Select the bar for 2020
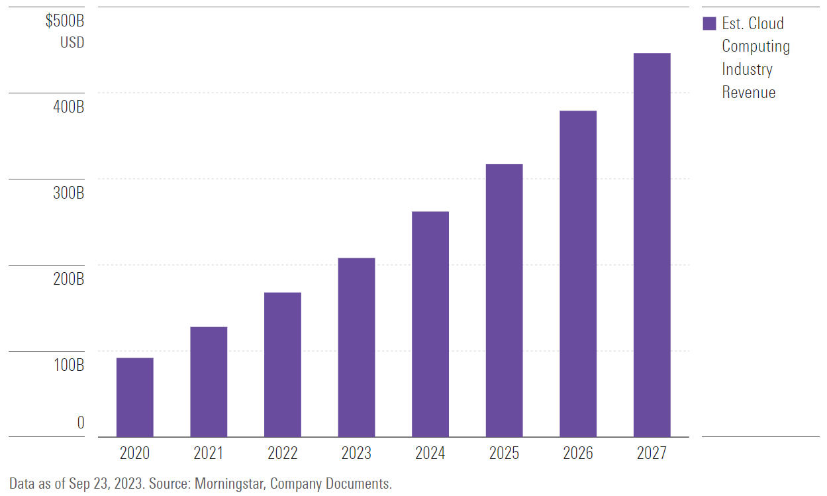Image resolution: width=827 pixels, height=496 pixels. point(134,397)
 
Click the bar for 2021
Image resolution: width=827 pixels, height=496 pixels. point(209,381)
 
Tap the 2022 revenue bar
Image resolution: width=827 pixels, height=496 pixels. point(283,364)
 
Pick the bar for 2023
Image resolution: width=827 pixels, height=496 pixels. point(356,347)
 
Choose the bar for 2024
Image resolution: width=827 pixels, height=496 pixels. point(430,324)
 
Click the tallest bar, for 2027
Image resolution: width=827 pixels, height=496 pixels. point(652,244)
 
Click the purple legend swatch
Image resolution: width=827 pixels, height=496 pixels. point(709,24)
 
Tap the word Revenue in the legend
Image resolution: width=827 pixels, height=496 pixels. point(748,92)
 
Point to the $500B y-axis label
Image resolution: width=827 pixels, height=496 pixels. point(65,21)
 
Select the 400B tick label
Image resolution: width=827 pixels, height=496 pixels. point(69,107)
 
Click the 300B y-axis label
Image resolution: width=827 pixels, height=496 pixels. point(69,193)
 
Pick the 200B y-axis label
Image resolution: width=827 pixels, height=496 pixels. point(69,279)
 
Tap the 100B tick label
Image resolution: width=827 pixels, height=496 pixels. point(69,366)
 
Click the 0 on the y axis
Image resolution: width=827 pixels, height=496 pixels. point(81,422)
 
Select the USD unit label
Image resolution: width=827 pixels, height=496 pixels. point(72,43)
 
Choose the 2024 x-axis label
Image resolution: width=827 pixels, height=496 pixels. point(430,454)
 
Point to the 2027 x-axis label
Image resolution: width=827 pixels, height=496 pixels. point(652,454)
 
